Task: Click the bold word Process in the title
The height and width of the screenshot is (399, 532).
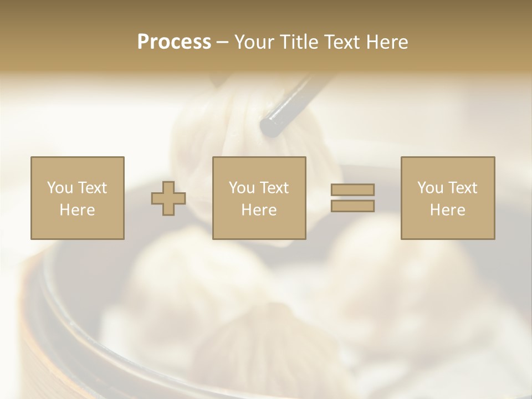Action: (174, 42)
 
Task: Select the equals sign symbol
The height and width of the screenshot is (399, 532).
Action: (352, 198)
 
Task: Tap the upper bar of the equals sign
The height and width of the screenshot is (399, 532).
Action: (352, 190)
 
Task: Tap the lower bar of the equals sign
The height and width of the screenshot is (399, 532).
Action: (352, 206)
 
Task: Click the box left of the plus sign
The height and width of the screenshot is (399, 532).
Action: (77, 198)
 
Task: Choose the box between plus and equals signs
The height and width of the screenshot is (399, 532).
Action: (259, 198)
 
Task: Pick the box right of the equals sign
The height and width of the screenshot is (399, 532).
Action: (447, 198)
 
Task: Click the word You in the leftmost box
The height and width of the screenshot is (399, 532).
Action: (60, 188)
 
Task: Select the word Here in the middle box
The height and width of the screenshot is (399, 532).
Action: (259, 210)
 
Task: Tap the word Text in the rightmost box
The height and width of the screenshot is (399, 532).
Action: (462, 188)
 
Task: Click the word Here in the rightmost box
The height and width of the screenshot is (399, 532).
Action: (447, 210)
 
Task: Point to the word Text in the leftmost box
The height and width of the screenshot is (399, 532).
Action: (91, 188)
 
